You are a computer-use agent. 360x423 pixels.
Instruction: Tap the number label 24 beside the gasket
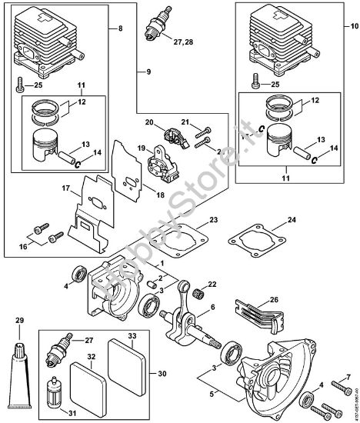click(291, 221)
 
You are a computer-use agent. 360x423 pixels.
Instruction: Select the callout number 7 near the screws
click(348, 377)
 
